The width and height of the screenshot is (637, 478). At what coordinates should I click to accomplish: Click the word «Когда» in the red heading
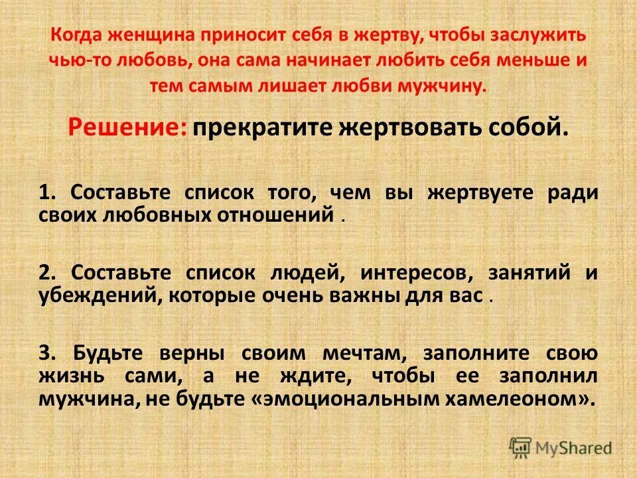coord(72,36)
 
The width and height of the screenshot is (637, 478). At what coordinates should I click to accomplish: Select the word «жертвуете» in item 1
coord(480,193)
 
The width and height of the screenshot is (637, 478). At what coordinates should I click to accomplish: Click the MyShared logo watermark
coord(561,447)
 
